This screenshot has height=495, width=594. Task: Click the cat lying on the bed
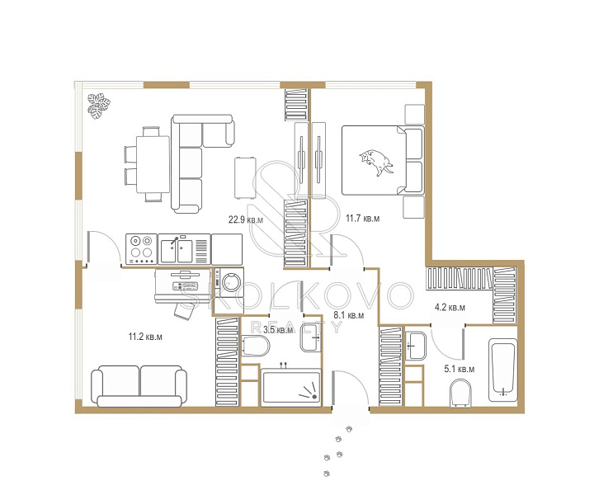[x=376, y=162]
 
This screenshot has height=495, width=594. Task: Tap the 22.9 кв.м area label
[x=246, y=219]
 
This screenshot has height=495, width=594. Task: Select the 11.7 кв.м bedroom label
[x=362, y=219]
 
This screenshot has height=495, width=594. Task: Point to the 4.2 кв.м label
[x=450, y=307]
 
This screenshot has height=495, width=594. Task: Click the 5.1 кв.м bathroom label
[x=460, y=369]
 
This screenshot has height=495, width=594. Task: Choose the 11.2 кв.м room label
[x=145, y=337]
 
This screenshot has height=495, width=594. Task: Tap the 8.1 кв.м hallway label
[x=348, y=314]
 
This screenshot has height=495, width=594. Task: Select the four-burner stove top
[x=141, y=249]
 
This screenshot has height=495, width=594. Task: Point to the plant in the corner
[x=98, y=106]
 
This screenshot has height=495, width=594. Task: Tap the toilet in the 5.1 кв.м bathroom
[x=460, y=394]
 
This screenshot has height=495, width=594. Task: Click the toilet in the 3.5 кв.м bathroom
[x=255, y=346]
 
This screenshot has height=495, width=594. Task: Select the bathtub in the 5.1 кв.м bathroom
[x=503, y=370]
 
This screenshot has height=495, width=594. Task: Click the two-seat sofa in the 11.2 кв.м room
[x=139, y=386]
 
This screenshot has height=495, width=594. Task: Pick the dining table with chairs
[x=148, y=164]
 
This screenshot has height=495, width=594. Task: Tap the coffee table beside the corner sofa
[x=245, y=177]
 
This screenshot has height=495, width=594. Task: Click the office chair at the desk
[x=185, y=311]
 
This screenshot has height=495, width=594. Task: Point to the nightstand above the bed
[x=414, y=115]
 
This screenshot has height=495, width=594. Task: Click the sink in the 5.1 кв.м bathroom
[x=416, y=346]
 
